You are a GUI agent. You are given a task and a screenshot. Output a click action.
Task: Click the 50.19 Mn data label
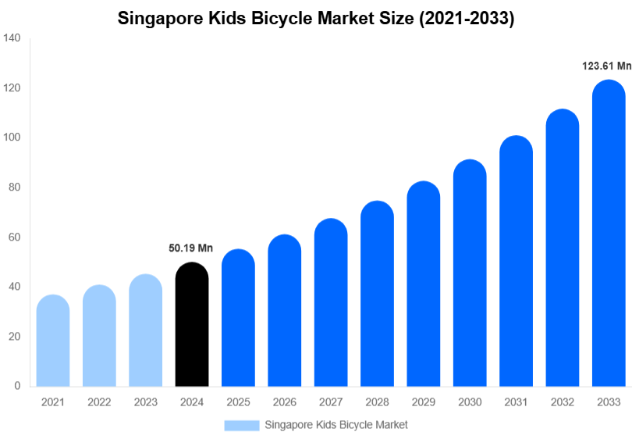click(x=191, y=248)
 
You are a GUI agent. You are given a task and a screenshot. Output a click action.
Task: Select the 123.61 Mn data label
click(x=606, y=66)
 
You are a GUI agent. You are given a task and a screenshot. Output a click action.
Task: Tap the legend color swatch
click(x=241, y=425)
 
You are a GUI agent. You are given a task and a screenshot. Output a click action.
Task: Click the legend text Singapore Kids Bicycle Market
click(x=336, y=425)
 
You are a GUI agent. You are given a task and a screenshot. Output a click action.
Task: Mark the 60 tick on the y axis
click(x=14, y=237)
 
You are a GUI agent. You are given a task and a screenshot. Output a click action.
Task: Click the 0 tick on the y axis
click(x=17, y=386)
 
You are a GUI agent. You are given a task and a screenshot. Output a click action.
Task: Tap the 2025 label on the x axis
click(x=238, y=402)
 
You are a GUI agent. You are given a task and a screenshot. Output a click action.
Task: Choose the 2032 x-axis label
click(x=562, y=402)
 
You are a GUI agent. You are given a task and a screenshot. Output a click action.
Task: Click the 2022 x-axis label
click(x=99, y=402)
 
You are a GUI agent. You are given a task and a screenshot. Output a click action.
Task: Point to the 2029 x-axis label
click(x=423, y=402)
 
